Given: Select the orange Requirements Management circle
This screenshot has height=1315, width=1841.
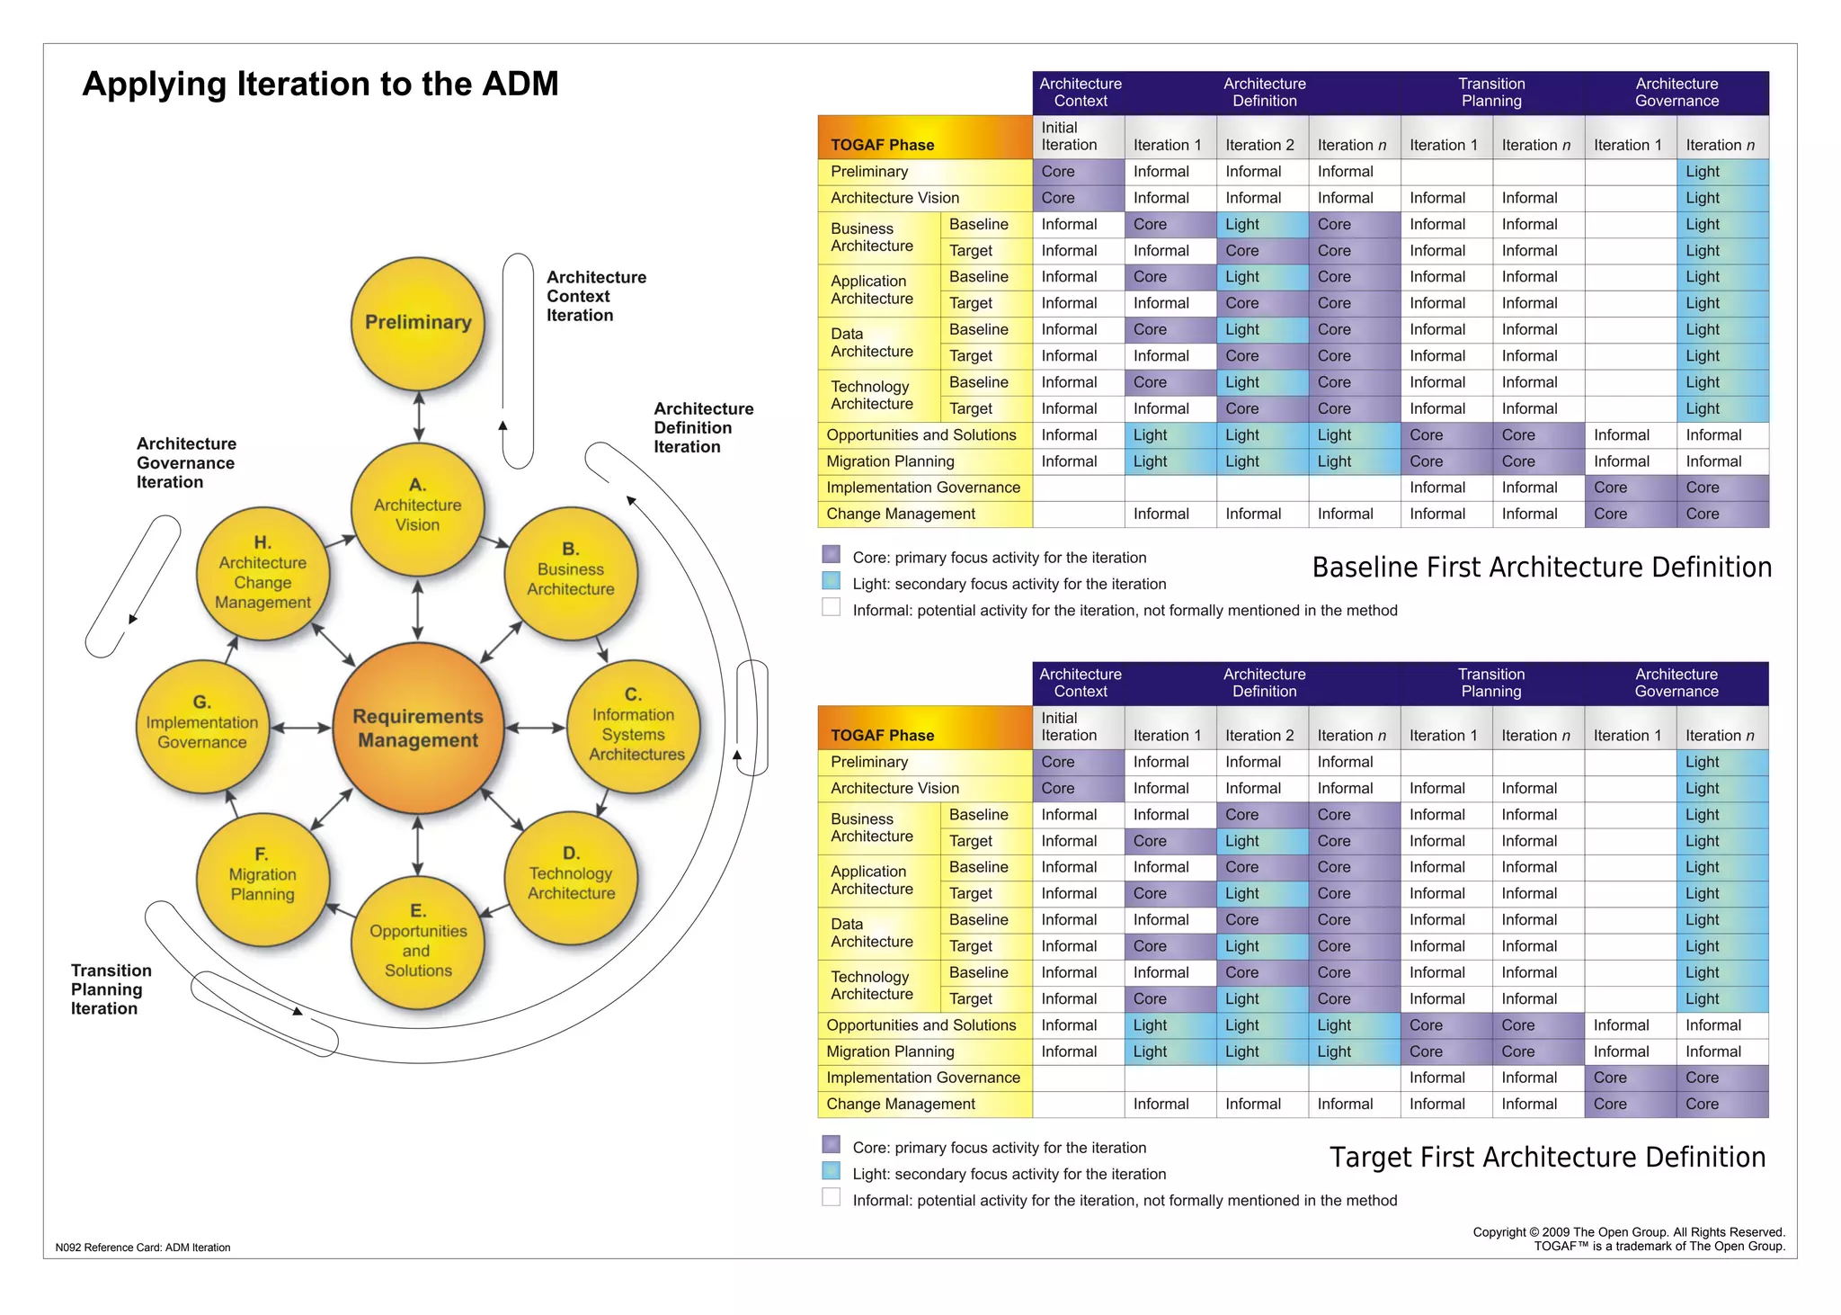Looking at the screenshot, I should [x=418, y=728].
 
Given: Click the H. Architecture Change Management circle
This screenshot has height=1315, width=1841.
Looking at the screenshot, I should [x=262, y=574].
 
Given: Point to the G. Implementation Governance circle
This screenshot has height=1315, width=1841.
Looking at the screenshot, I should [x=202, y=725].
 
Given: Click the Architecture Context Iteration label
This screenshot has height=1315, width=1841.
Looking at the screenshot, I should [x=595, y=296].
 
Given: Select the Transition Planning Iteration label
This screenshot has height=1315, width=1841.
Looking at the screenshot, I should [x=111, y=988].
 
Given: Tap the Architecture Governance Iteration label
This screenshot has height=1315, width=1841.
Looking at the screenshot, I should [x=186, y=462].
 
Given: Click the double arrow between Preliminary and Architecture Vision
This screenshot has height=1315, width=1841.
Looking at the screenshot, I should [x=419, y=416].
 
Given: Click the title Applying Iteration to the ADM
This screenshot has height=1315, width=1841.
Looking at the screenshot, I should [x=320, y=84].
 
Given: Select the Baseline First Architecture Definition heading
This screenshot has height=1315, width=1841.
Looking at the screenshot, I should [x=1541, y=568].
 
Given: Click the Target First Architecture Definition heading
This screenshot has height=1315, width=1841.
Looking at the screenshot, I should [x=1546, y=1157].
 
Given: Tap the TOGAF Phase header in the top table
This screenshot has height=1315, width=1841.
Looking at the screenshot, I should [x=882, y=145].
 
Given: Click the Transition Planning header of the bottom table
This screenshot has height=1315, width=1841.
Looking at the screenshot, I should [x=1490, y=683].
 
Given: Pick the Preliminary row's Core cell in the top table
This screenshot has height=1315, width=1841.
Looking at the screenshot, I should [x=1077, y=172].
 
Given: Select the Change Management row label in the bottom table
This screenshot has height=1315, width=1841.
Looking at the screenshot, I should [x=900, y=1104].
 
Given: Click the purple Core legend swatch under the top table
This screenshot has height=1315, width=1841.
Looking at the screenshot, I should [x=832, y=555].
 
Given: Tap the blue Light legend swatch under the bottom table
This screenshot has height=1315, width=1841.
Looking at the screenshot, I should [x=832, y=1171].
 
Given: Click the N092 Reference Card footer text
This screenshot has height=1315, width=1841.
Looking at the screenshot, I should [x=143, y=1248].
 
